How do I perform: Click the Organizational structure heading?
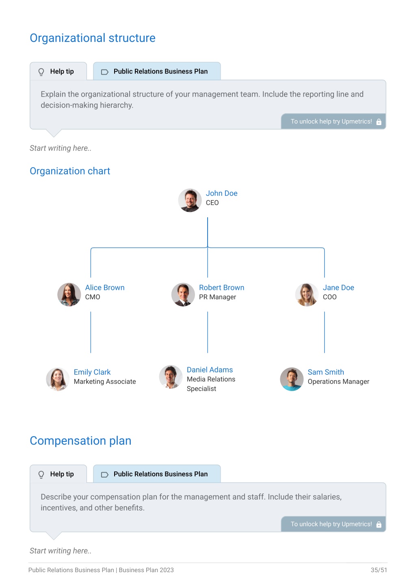coord(93,38)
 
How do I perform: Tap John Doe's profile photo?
coord(190,200)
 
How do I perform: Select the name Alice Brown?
coord(105,288)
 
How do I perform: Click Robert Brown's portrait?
coord(183,294)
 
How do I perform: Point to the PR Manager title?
coord(217,297)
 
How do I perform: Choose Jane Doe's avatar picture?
coord(307,294)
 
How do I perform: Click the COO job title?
coord(329,297)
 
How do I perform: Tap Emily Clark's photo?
coord(58,379)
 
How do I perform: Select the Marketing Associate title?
coord(105,381)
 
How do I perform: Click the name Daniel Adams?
coord(210,370)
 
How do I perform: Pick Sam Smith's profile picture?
coord(292,379)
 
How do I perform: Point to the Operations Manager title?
coord(338,381)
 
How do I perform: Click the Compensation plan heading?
coord(80,441)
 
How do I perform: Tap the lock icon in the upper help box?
coord(379,122)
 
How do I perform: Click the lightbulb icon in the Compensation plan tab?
coord(41,474)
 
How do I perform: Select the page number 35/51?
coord(379,570)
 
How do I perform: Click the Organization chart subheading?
coord(70,171)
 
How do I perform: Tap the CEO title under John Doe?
coord(212,203)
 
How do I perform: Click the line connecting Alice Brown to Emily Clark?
coord(91,332)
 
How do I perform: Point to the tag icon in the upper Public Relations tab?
coord(105,72)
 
